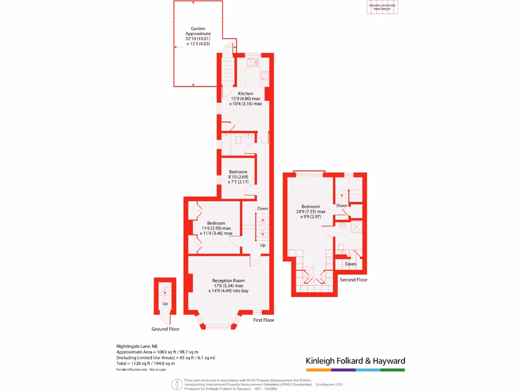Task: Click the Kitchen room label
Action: coord(245,94)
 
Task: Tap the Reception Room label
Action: coord(228,281)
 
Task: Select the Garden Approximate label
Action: coord(198,29)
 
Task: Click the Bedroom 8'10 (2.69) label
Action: coord(238,172)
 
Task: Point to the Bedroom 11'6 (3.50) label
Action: coord(216,223)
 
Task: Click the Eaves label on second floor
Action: coord(351,264)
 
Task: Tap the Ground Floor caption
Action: coord(166,329)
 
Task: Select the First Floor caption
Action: coord(264,320)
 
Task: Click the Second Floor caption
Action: coord(353,280)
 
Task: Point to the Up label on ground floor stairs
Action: coord(165,304)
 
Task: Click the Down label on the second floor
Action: coord(342,206)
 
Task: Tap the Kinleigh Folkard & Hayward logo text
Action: coord(355,361)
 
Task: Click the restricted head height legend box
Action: coord(382,7)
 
